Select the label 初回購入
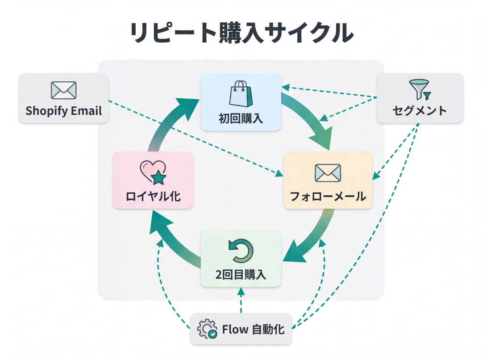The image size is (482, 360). click(241, 118)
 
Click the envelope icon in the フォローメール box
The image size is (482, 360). click(328, 173)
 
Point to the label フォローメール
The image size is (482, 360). click(328, 197)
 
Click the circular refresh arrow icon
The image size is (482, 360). click(241, 251)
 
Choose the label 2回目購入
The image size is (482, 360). click(241, 275)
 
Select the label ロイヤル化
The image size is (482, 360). click(153, 197)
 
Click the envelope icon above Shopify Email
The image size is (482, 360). click(63, 90)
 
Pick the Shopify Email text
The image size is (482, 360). click(63, 111)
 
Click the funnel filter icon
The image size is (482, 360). click(420, 89)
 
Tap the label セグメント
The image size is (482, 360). click(420, 111)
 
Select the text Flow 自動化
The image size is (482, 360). click(253, 330)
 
